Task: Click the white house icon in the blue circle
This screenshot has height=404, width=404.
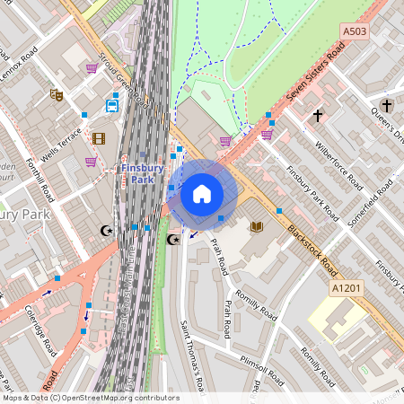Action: [x=202, y=194]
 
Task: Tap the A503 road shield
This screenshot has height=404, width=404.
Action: [x=355, y=31]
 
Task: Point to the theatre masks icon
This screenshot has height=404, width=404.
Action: [x=56, y=93]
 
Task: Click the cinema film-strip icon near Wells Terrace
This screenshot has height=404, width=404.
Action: [x=99, y=138]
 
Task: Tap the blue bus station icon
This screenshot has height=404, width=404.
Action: [x=112, y=105]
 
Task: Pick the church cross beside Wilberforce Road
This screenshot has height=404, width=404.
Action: [x=317, y=116]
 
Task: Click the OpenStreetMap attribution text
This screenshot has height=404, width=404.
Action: [x=90, y=398]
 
